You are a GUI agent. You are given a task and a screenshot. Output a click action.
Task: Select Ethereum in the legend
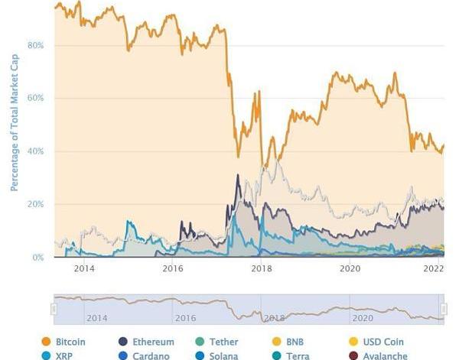[152, 342]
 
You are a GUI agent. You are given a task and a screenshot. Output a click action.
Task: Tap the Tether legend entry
[223, 342]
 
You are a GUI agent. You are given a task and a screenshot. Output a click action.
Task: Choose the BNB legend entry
[295, 342]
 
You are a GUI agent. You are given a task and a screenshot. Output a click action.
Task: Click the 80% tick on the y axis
[35, 45]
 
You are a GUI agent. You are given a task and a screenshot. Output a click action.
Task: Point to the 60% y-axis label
[35, 98]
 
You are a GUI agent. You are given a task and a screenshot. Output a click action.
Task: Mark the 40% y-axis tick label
[35, 151]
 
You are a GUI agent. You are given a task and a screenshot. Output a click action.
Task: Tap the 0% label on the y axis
[37, 258]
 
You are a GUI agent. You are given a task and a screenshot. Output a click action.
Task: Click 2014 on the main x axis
[84, 268]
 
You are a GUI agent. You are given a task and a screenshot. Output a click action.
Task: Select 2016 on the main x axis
[173, 268]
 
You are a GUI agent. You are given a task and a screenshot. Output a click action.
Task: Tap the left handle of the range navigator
[54, 308]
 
